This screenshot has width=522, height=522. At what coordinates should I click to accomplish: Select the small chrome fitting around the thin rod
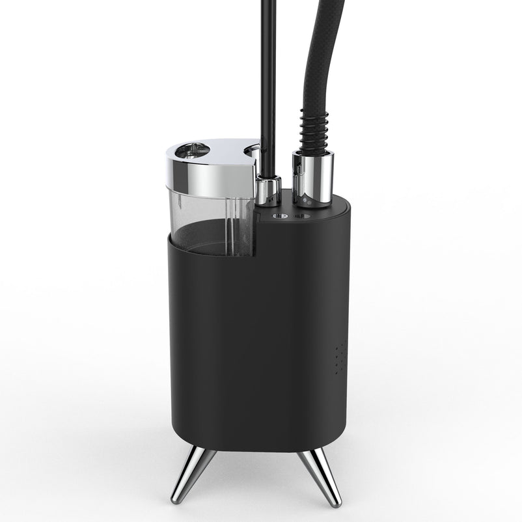tap(266, 189)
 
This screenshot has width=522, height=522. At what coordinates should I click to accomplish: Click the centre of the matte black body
tap(260, 338)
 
